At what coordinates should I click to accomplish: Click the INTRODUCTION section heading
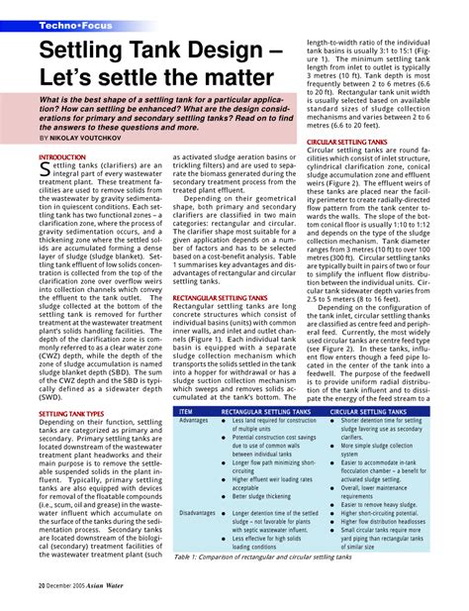pyautogui.click(x=61, y=157)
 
